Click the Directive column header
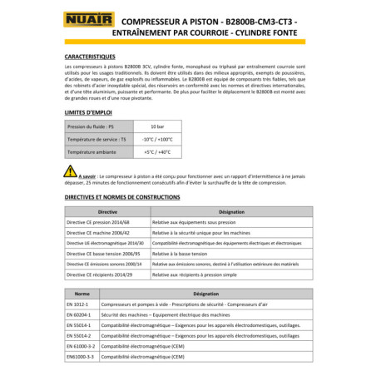(106, 212)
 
